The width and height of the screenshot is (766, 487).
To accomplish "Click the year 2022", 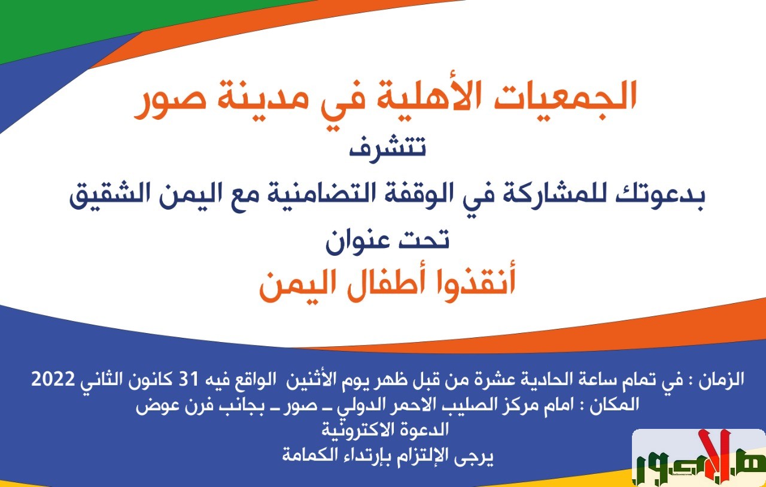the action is click(x=53, y=379).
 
